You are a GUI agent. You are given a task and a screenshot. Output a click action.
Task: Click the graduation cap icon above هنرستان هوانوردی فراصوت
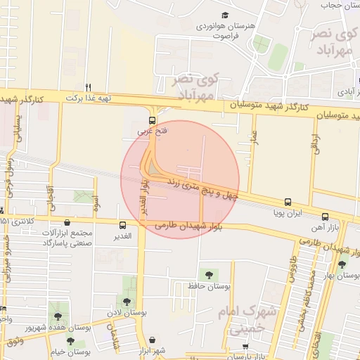(x=225, y=15)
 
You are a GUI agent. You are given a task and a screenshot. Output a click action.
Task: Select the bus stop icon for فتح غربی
(x=152, y=119)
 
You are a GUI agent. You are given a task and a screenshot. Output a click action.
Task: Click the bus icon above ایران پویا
(x=288, y=202)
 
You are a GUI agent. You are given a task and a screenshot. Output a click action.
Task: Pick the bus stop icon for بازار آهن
(x=325, y=217)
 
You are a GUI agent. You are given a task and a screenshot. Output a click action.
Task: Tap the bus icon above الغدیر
(x=123, y=226)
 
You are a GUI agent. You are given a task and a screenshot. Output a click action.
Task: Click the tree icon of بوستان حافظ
(x=207, y=274)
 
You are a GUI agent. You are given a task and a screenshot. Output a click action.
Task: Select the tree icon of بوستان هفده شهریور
(x=57, y=316)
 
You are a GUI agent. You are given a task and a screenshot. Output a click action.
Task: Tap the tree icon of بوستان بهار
(x=342, y=264)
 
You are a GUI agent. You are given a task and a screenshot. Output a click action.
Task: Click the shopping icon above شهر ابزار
(x=162, y=339)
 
